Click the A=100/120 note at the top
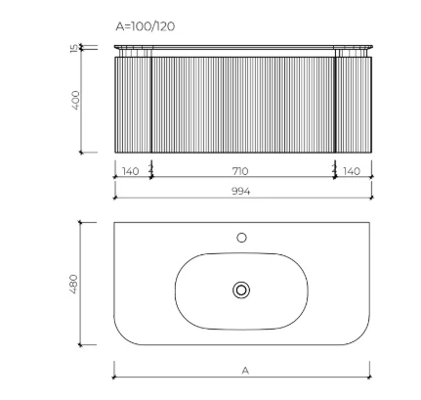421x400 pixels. [x=146, y=26]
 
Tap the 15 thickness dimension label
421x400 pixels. [x=74, y=48]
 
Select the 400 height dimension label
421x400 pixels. [x=75, y=101]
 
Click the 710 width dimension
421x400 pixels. [x=240, y=171]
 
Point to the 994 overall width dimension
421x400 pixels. [x=241, y=191]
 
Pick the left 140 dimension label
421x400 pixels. [x=130, y=171]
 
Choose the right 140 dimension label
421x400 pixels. [x=352, y=171]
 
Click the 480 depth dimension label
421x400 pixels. [x=74, y=284]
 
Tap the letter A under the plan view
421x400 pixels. [x=245, y=371]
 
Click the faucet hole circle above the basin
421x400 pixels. [x=241, y=238]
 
